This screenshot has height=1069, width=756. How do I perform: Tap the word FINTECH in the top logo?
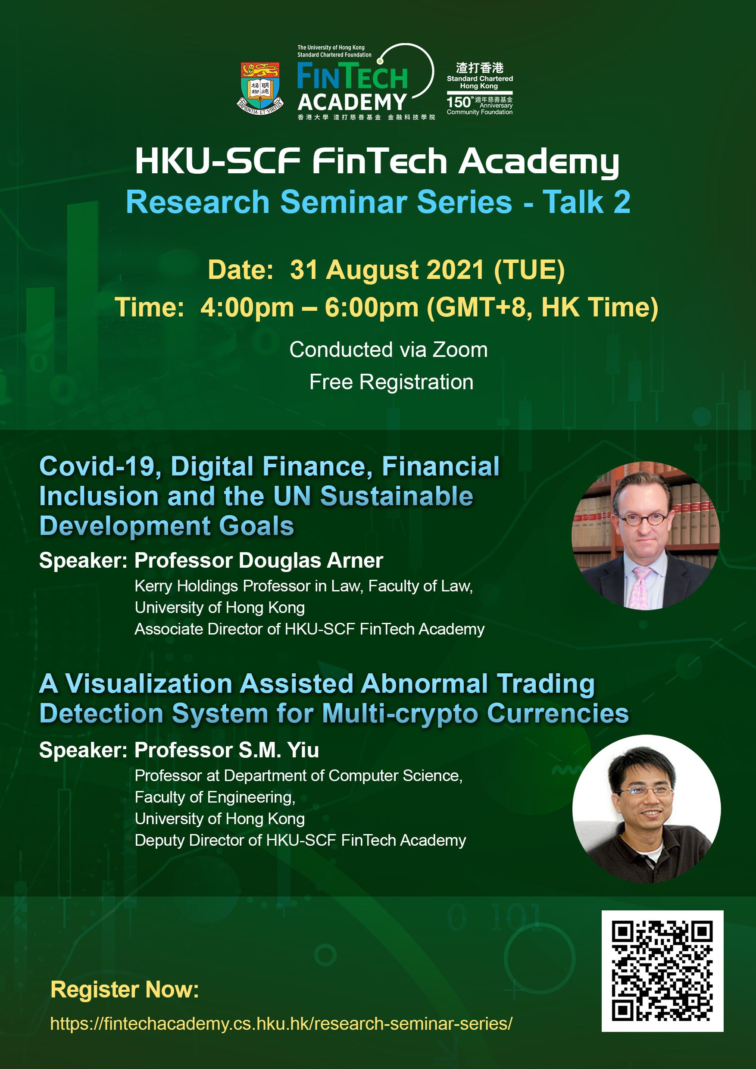[x=353, y=77]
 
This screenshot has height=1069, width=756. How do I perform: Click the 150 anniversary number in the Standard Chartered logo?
[x=459, y=102]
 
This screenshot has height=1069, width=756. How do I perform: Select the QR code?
[x=662, y=971]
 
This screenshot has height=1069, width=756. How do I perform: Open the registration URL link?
[x=281, y=1023]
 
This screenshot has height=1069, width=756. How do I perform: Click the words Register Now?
[x=124, y=989]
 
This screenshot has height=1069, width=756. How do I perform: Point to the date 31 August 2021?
[x=387, y=269]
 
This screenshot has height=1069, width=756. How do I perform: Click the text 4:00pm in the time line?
[x=247, y=308]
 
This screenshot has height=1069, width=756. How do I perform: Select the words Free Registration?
[x=391, y=382]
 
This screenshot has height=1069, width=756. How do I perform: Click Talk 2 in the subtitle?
[x=587, y=202]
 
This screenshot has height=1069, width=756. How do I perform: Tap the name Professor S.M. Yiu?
[x=227, y=750]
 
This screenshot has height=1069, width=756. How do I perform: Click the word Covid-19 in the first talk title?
[x=100, y=466]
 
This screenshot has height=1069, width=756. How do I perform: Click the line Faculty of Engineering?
[x=215, y=797]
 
